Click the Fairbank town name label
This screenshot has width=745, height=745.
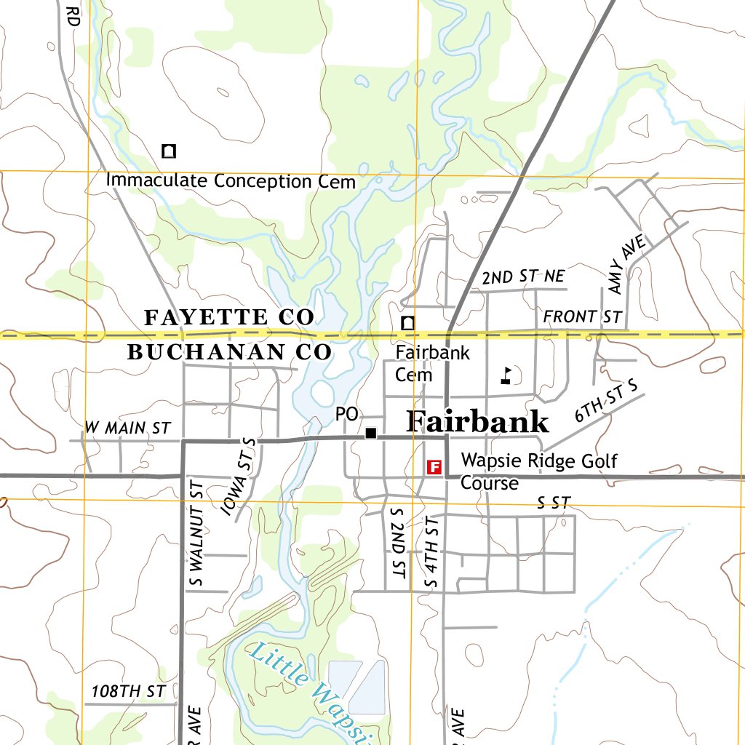(x=477, y=422)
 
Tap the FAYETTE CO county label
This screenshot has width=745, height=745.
(x=229, y=317)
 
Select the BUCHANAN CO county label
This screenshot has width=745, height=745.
(x=229, y=352)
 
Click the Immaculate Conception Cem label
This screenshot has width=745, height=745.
(x=231, y=181)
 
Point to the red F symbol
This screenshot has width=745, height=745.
(x=434, y=466)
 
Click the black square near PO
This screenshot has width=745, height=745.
(x=371, y=433)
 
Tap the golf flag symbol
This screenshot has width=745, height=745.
(x=506, y=375)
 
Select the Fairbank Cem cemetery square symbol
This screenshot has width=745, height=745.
(x=409, y=322)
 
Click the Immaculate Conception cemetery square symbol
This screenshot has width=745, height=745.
(x=169, y=151)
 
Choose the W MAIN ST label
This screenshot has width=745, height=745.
(x=127, y=428)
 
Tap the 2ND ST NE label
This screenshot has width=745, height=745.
(x=522, y=276)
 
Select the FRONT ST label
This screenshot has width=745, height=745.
(x=582, y=317)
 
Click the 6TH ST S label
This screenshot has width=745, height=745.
(x=605, y=401)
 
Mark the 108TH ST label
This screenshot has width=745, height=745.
(x=128, y=691)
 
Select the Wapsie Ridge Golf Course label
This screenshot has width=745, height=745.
(x=538, y=471)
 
